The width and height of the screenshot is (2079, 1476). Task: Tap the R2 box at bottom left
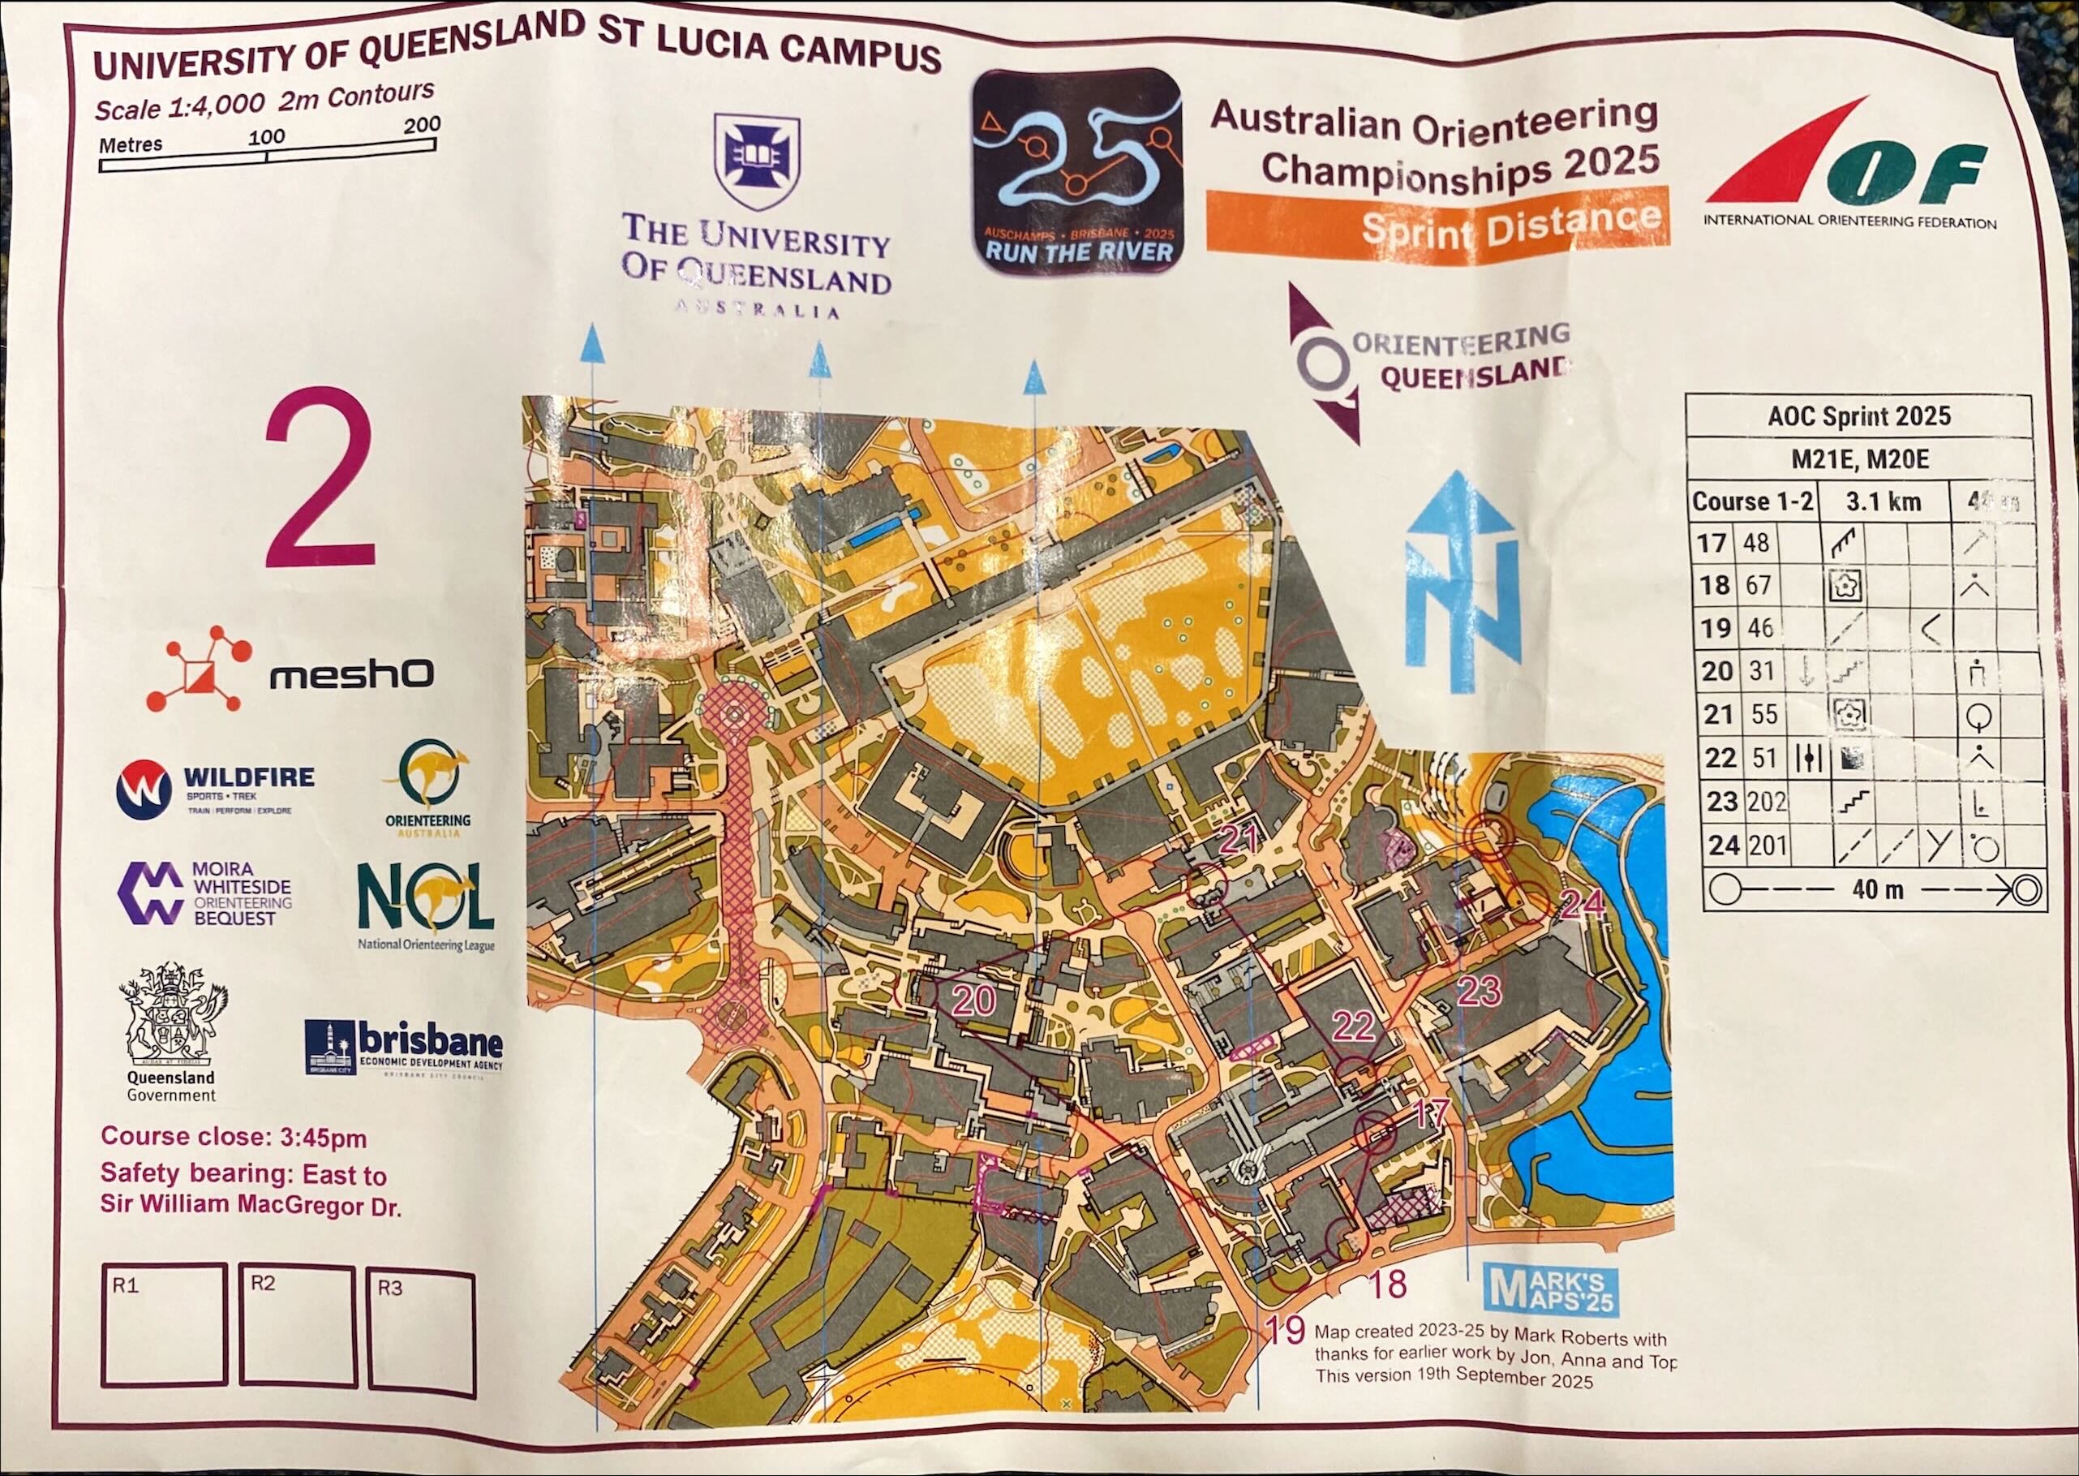[x=297, y=1326]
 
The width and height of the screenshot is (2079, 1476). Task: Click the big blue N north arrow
[x=1461, y=582]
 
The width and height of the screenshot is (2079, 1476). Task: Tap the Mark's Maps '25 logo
[x=1551, y=1289]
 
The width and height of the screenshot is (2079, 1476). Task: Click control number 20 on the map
[x=973, y=1000]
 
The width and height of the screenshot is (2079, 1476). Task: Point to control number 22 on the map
[x=1352, y=1026]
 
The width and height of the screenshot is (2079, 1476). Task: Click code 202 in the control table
[x=1767, y=802]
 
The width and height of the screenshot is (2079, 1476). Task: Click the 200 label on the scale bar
[x=422, y=124]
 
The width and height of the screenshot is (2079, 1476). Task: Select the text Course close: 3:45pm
[x=234, y=1137]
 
